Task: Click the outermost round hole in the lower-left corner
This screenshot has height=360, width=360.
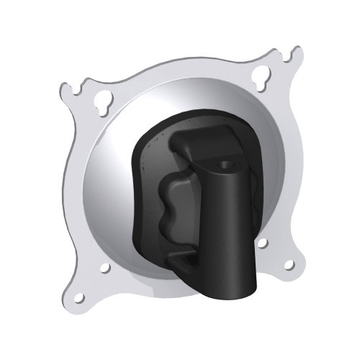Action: (78, 297)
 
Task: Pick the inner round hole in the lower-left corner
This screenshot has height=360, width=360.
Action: (105, 268)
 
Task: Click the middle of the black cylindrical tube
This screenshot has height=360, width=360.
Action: (230, 230)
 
